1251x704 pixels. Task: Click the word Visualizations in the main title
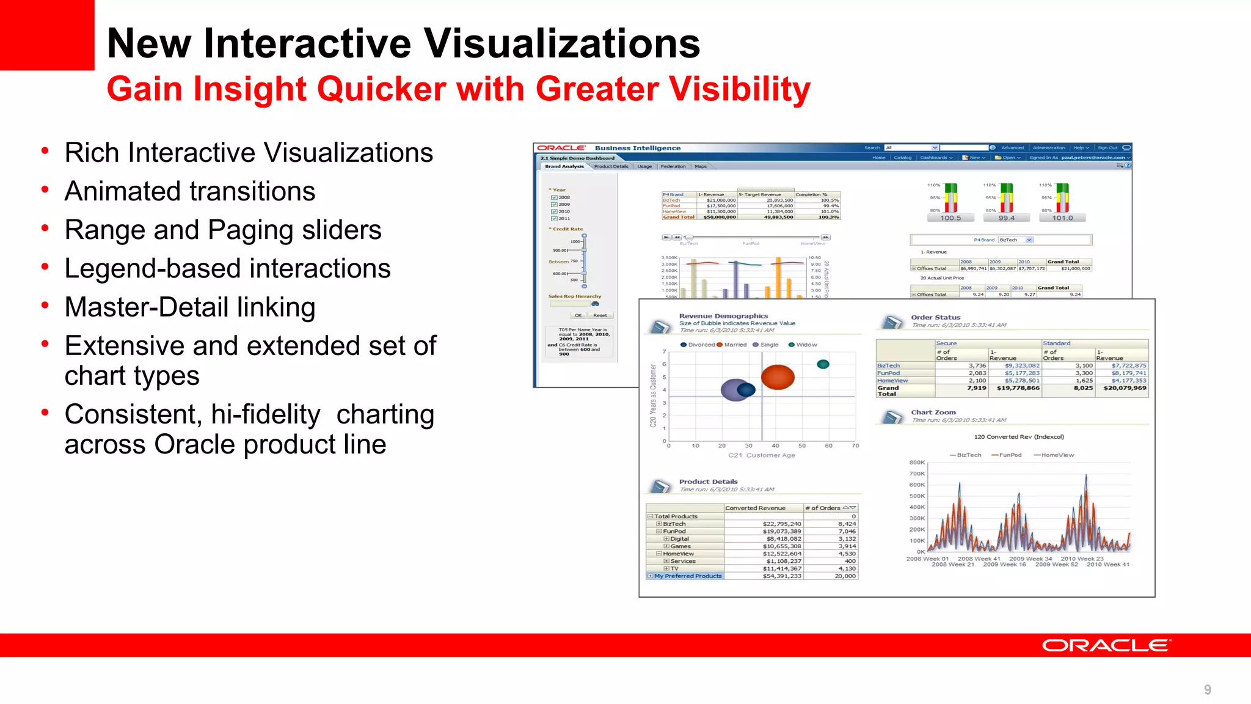point(561,44)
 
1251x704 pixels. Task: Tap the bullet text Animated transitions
point(190,191)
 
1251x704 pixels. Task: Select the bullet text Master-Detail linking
point(190,307)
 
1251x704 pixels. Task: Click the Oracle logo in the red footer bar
point(1106,645)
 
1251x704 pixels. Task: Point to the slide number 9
point(1207,690)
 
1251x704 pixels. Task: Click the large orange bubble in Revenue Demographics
point(777,377)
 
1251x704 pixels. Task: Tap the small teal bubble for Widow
point(823,364)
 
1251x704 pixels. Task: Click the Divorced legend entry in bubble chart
point(698,345)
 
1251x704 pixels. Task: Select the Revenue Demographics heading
point(723,316)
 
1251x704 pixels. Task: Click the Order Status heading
point(935,317)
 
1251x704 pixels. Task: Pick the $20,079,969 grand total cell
point(1125,388)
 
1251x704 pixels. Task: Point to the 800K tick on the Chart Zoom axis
point(917,463)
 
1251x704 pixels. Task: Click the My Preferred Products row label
point(687,576)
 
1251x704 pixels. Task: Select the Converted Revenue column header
point(755,508)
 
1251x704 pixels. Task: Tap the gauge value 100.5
point(950,218)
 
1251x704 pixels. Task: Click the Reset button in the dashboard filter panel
point(600,315)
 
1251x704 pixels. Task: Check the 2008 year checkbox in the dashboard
point(554,197)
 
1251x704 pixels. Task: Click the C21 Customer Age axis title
point(761,455)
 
